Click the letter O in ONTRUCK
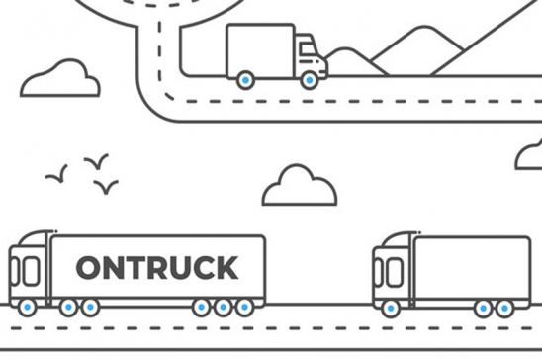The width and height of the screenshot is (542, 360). (x=90, y=267)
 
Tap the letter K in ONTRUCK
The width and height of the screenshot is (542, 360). (x=226, y=267)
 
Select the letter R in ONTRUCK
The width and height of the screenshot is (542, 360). (x=159, y=267)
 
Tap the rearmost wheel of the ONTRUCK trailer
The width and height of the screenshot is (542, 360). (x=244, y=308)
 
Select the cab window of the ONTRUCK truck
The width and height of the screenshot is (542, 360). (x=31, y=270)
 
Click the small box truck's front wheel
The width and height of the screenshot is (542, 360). (x=310, y=80)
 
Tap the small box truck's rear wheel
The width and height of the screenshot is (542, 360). (x=244, y=80)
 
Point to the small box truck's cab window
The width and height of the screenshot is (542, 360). (x=306, y=46)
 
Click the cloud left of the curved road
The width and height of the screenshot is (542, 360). (x=60, y=79)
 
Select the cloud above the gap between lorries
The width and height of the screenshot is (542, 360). (x=299, y=187)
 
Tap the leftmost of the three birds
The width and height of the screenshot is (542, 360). (x=57, y=176)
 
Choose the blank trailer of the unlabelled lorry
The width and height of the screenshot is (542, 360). (x=471, y=267)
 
